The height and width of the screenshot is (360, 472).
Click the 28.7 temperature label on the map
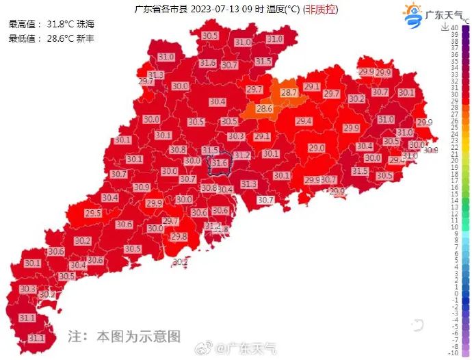coord(289,92)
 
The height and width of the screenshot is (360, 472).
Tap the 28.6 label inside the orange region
coord(265,109)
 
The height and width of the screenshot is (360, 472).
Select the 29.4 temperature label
coord(304,121)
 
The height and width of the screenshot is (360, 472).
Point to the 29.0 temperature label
coord(317,148)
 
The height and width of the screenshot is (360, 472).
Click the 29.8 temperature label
coord(179,236)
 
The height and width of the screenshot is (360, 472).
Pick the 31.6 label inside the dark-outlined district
coord(220,163)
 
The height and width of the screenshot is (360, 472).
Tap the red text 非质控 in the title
coord(321,10)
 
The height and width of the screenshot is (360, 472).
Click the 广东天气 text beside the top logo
coord(443,14)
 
